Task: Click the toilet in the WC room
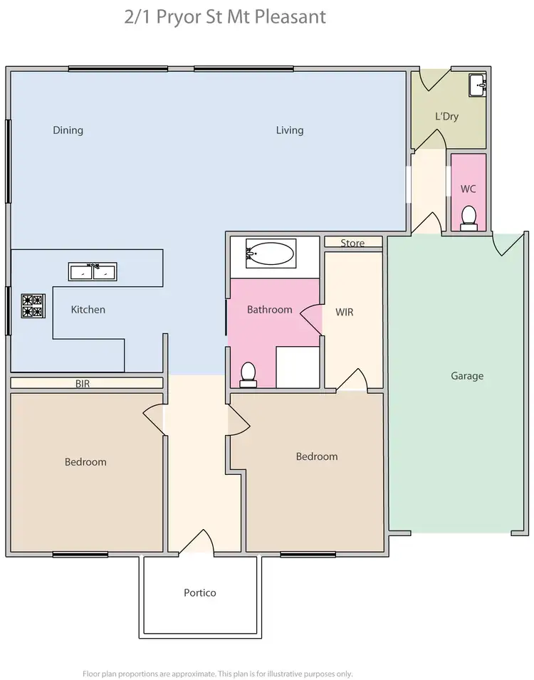[x=468, y=217]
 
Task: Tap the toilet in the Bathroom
[x=248, y=374]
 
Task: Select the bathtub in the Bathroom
[x=270, y=253]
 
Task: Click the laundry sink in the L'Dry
[x=478, y=85]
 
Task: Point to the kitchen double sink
[x=93, y=271]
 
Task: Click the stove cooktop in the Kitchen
[x=33, y=305]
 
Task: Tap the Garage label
[x=467, y=376]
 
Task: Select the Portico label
[x=199, y=592]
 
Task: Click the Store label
[x=352, y=243]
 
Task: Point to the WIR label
[x=345, y=312]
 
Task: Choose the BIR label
[x=83, y=383]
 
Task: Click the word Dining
[x=68, y=130]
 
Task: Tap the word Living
[x=290, y=130]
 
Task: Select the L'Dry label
[x=446, y=116]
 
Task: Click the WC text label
[x=468, y=189]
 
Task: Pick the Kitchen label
[x=88, y=310]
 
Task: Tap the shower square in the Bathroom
[x=297, y=366]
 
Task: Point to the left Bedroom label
[x=85, y=462]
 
